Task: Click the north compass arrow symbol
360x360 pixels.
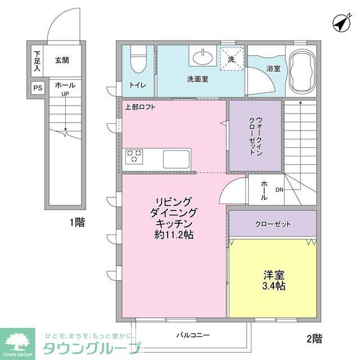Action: pos(341,23)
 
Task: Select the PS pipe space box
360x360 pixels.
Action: pos(37,88)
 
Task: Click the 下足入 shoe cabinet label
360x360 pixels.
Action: pos(37,61)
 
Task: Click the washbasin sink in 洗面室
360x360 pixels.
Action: pos(201,57)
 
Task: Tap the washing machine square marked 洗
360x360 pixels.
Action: pos(231,58)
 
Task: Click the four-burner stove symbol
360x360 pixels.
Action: pos(134,156)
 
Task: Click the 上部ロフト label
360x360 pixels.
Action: pos(140,107)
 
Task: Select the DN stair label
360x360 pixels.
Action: pos(279,190)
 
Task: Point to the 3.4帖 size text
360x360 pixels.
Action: pos(274,286)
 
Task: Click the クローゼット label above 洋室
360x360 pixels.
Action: pos(273,224)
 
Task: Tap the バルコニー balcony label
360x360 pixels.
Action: pos(192,335)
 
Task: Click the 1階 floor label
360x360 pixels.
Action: pos(77,222)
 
